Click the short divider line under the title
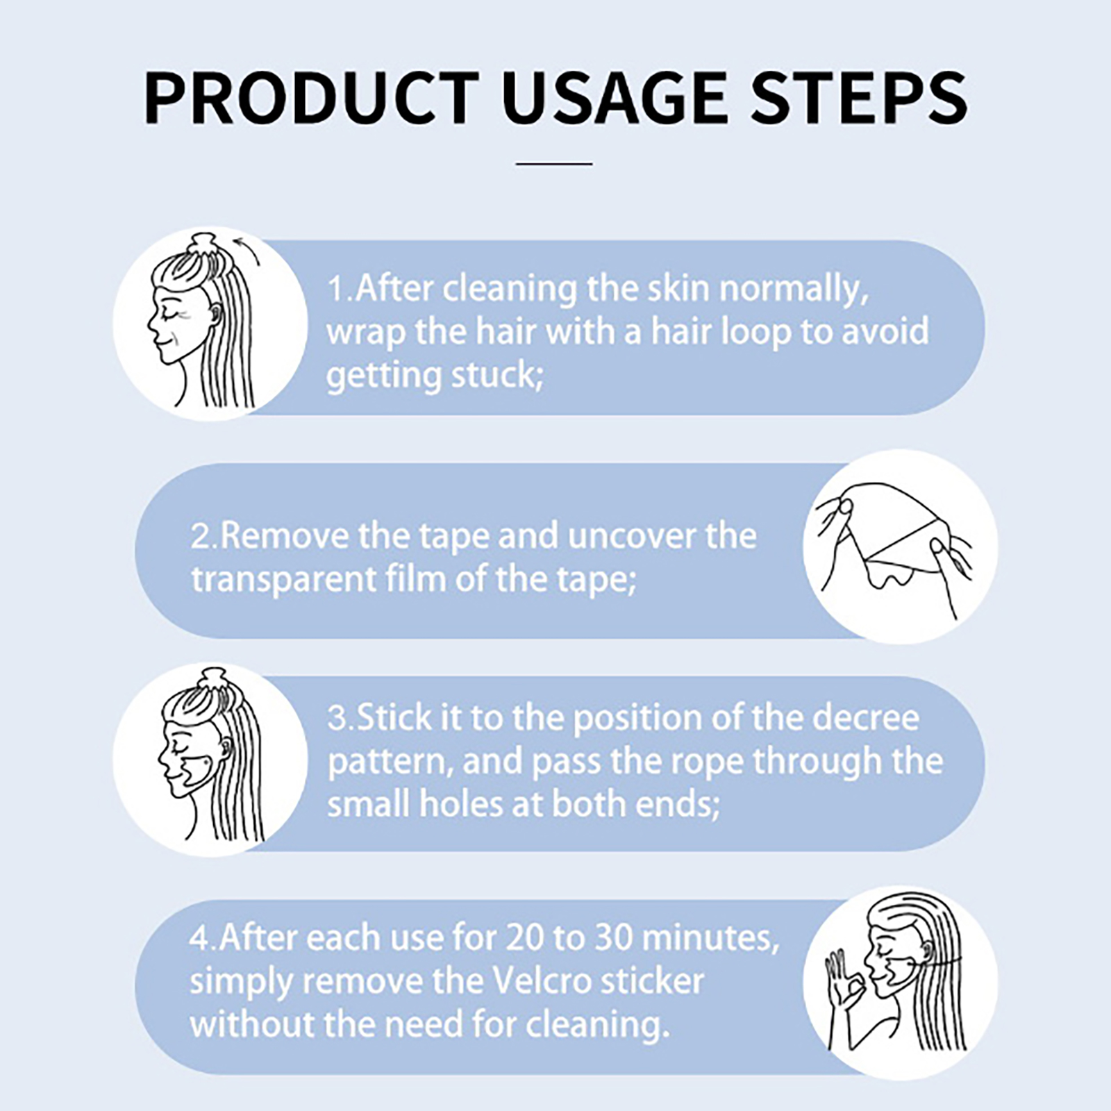click(554, 164)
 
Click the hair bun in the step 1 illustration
click(206, 247)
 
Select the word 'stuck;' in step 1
click(497, 375)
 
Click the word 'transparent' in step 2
click(283, 580)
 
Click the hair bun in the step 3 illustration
click(212, 683)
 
